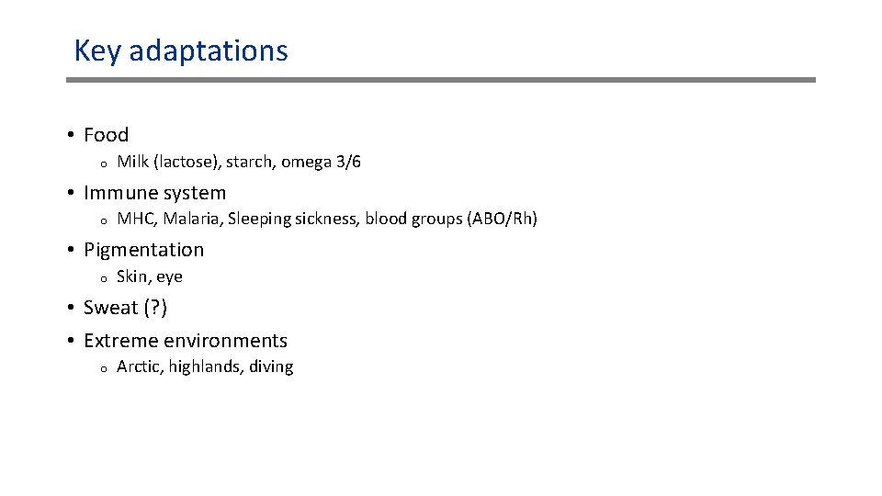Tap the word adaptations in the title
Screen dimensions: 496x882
[209, 51]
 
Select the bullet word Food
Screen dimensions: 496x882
[106, 135]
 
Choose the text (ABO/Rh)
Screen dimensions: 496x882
[503, 219]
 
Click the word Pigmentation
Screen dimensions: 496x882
[143, 250]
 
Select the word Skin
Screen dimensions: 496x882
[131, 276]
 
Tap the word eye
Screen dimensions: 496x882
[169, 277]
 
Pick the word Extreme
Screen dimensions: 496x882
[119, 341]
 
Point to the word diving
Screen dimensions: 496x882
[271, 367]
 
